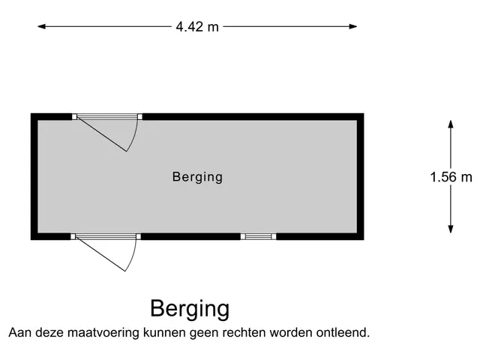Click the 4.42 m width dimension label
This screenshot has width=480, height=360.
197,27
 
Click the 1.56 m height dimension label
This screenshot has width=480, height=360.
451,177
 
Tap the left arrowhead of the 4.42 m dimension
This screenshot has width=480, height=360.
42,27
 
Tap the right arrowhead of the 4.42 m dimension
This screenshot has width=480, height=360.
353,27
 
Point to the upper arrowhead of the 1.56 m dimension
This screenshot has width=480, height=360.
451,124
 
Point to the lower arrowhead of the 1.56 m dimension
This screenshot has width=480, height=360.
451,229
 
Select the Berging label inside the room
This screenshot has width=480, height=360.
197,177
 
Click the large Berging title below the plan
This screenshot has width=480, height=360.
190,309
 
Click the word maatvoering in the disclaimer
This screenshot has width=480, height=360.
103,332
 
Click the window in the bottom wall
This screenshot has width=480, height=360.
258,236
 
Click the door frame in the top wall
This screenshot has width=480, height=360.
107,117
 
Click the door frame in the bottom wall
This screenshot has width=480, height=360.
106,237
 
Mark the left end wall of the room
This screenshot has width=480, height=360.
34,176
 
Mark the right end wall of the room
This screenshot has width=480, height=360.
360,176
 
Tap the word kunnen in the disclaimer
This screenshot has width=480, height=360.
165,332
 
